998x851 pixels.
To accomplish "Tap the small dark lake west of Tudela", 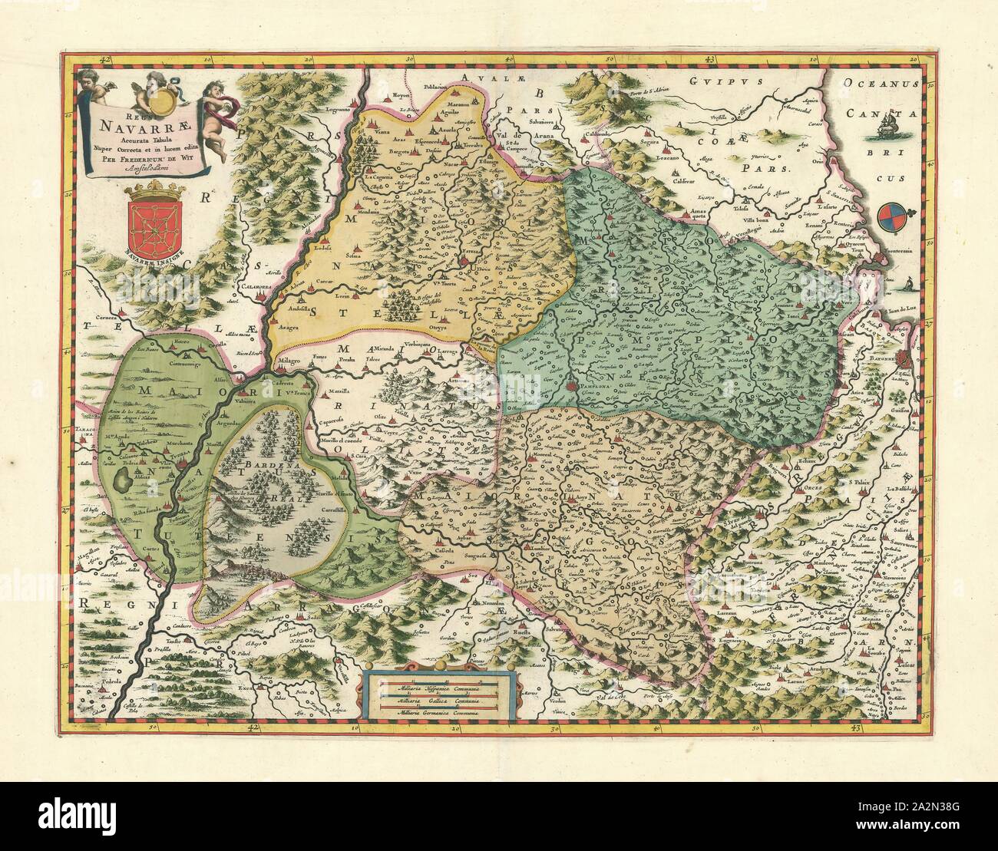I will pyautogui.click(x=121, y=483).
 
